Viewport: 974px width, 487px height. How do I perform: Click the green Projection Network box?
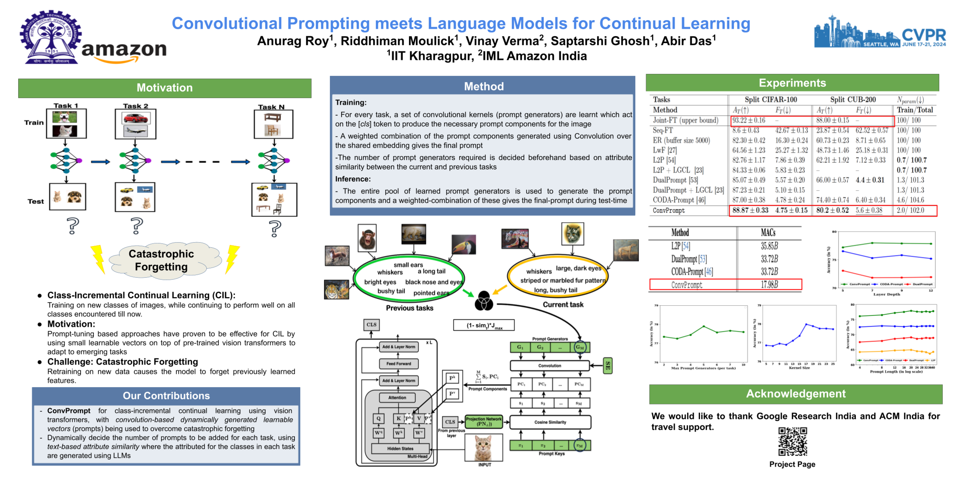click(484, 422)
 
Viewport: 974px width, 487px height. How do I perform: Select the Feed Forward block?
click(399, 364)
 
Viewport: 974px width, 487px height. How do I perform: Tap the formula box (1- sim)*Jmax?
click(484, 325)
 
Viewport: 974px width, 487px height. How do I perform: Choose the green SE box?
click(608, 366)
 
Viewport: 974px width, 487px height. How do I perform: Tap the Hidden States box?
click(400, 448)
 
